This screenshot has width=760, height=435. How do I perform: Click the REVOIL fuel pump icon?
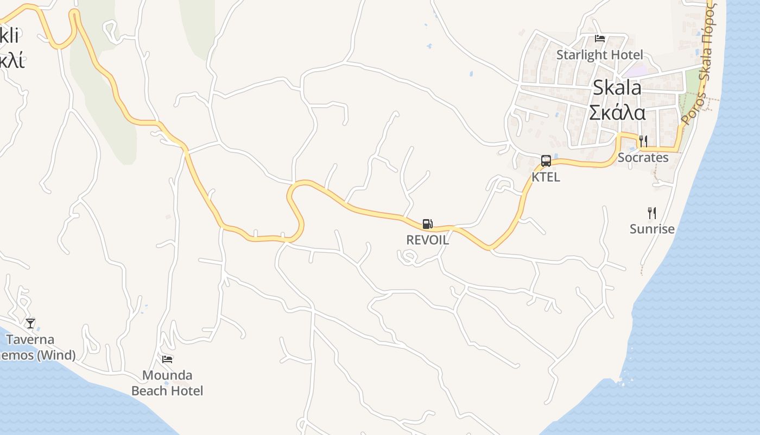coord(428,223)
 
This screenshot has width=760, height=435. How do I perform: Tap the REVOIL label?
coord(428,240)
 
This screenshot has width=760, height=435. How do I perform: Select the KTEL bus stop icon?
coord(546,160)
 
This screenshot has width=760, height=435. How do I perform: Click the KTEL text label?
coord(546,177)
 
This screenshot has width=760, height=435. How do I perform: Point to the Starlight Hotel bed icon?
coord(600,39)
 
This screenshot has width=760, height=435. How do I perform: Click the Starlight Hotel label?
coord(599,55)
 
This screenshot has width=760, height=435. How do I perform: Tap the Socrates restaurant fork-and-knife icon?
coord(643,141)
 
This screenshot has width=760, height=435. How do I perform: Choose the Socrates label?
coord(643,158)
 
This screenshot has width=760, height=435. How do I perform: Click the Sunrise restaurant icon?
coord(652,213)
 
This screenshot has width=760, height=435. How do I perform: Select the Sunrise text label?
coord(652,229)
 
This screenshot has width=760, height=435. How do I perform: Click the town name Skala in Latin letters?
coord(617,88)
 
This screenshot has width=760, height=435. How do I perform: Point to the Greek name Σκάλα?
coord(617,113)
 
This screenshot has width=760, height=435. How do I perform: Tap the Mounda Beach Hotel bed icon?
coord(167,359)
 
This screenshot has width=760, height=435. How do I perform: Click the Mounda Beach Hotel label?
coord(167,383)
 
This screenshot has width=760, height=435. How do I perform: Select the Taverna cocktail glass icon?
coord(30,324)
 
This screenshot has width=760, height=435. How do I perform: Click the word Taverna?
coord(30,340)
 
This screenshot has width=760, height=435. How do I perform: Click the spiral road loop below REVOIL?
coord(408,257)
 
